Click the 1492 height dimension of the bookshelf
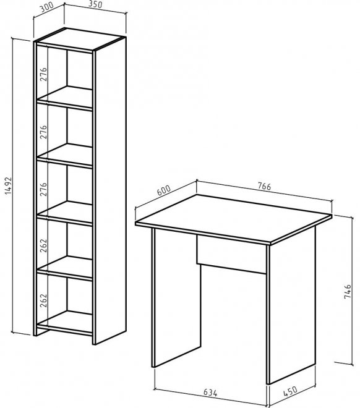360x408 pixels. coord(8,186)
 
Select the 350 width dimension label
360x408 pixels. coord(95,4)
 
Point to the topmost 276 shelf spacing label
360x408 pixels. coord(43,74)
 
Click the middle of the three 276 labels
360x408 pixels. coord(43,132)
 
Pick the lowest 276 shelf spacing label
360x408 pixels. coord(43,189)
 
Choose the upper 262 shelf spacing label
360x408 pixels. coord(43,245)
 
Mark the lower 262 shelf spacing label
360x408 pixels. coord(43,300)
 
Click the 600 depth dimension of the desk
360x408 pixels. coord(164,190)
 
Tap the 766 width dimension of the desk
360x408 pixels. coord(265,186)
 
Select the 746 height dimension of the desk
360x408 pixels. coord(348,291)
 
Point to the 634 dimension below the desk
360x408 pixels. coord(210,393)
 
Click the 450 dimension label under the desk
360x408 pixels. coord(289,391)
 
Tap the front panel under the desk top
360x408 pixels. coord(232,255)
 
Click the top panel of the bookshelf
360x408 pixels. coord(80,38)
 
